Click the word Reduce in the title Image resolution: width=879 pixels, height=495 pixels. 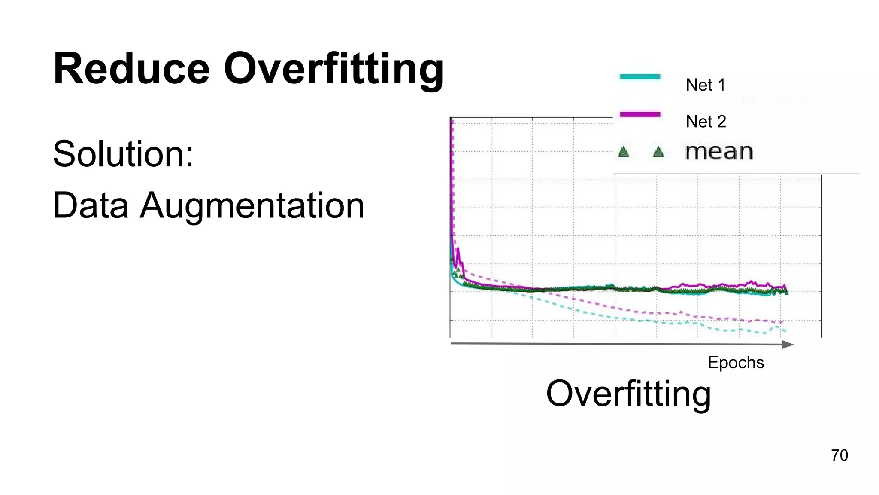pos(131,69)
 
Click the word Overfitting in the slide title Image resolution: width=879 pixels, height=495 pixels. pos(333,69)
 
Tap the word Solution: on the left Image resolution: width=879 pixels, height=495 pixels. pos(123,154)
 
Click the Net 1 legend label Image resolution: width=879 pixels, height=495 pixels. pos(705,85)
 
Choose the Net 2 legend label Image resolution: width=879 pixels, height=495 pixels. pos(706,122)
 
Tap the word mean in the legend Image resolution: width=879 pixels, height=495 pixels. pos(719,152)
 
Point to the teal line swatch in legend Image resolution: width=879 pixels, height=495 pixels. pos(640,77)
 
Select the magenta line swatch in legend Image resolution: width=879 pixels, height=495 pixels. pos(640,114)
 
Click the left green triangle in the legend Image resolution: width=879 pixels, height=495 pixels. pos(624,152)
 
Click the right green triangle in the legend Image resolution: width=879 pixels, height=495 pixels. pos(658,152)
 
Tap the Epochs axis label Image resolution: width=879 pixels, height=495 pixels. pos(736,362)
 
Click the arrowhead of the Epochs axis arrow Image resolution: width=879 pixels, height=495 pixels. pos(788,345)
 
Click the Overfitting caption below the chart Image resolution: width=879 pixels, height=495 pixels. pos(628,394)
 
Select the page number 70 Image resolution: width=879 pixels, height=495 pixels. pos(839,455)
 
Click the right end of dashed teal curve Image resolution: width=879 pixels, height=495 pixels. pos(785,330)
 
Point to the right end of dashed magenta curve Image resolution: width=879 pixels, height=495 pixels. pos(782,322)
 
